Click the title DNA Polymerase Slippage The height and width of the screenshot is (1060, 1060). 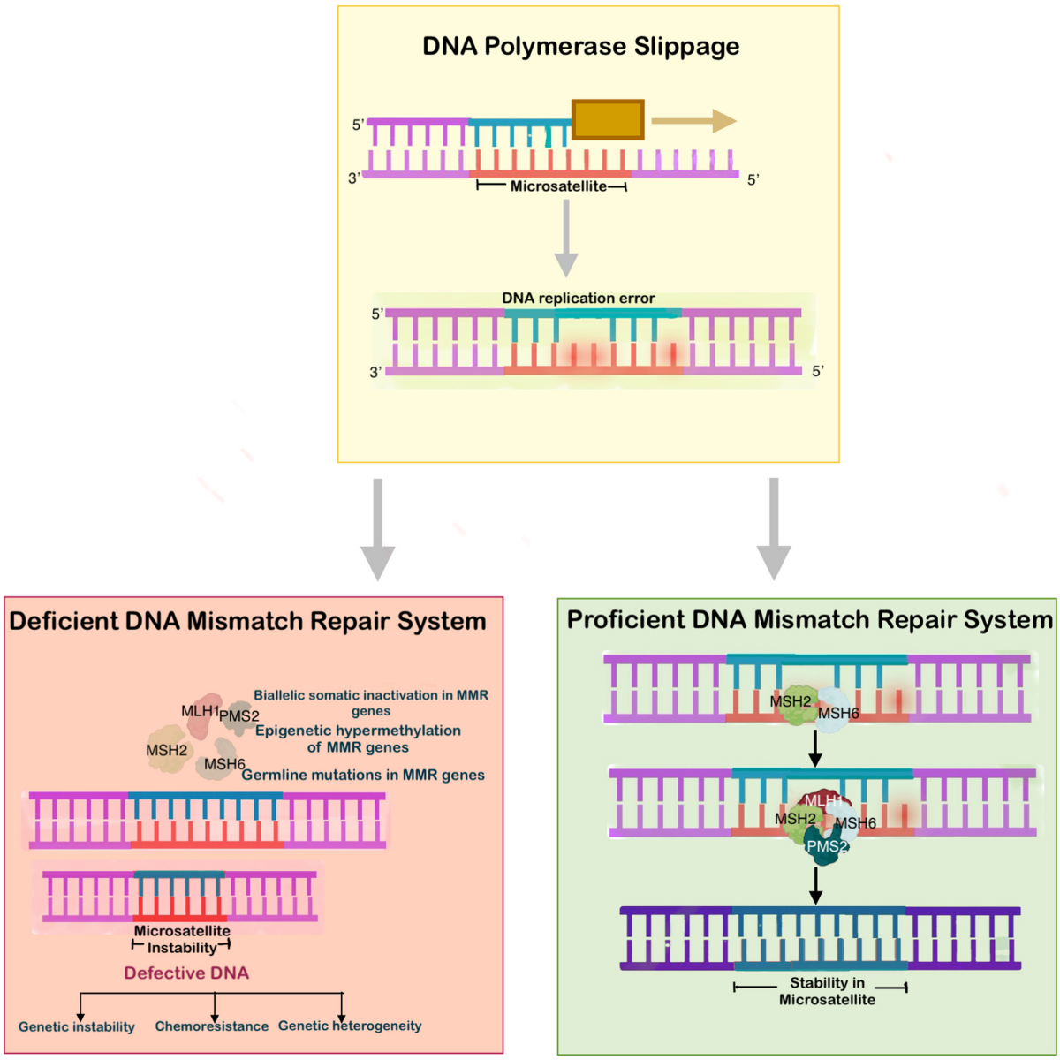click(x=580, y=46)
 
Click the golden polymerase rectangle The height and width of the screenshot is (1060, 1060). click(x=608, y=119)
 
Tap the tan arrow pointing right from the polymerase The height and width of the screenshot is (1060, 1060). click(x=693, y=121)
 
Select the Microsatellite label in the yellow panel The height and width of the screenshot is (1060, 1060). click(x=558, y=186)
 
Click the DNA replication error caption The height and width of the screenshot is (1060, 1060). click(x=579, y=299)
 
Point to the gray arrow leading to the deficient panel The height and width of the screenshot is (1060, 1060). click(x=378, y=530)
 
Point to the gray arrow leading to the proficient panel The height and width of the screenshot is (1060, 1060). click(x=774, y=530)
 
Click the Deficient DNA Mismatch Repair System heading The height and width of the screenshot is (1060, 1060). click(x=247, y=621)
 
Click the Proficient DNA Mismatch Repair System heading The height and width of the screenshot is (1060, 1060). click(x=809, y=619)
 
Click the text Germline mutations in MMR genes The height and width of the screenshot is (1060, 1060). click(x=363, y=775)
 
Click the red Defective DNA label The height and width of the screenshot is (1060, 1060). click(x=186, y=973)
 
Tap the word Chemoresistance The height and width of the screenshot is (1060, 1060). click(x=212, y=1026)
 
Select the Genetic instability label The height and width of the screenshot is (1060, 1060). click(x=77, y=1026)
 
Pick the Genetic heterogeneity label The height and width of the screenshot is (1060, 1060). click(x=350, y=1026)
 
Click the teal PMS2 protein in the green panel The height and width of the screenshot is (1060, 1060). click(x=827, y=848)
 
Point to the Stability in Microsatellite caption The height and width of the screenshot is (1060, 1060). click(x=827, y=991)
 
